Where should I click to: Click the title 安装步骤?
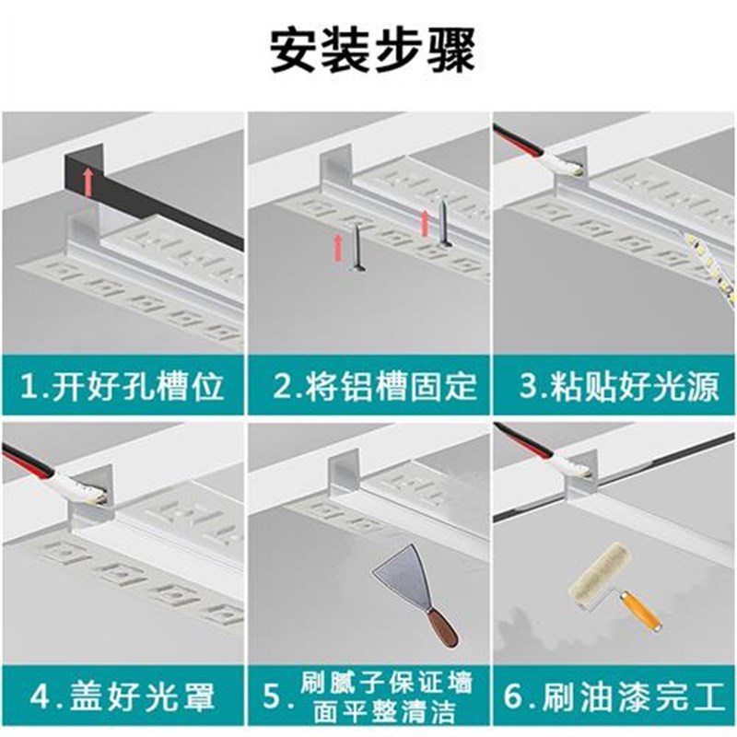[x=372, y=52]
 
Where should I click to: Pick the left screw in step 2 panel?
[x=356, y=253]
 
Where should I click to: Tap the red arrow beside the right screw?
[x=426, y=224]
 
